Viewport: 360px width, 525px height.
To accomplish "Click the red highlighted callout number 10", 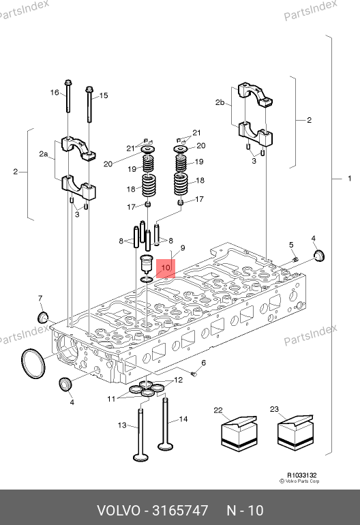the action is click(x=166, y=267).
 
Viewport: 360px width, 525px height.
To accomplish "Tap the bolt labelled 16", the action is click(x=68, y=95).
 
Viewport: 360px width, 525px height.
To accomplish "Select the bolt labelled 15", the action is click(x=89, y=105).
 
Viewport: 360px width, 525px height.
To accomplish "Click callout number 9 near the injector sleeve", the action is click(x=183, y=247).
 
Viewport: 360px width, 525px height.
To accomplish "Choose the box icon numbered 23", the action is click(x=296, y=432).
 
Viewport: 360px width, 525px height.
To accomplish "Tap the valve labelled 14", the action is click(x=166, y=423).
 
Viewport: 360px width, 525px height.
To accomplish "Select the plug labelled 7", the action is click(x=42, y=317).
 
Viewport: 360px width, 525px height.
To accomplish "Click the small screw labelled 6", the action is click(x=194, y=374).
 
